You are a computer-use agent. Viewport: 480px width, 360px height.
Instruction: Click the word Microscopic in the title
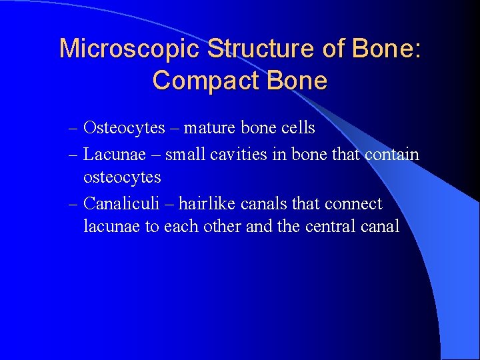click(x=129, y=49)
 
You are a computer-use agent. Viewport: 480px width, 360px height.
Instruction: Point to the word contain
click(x=392, y=155)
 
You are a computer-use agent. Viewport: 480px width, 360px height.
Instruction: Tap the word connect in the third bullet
click(x=353, y=203)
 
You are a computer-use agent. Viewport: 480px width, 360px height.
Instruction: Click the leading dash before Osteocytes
click(x=73, y=128)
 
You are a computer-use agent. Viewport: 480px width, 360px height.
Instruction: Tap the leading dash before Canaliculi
click(x=73, y=204)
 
